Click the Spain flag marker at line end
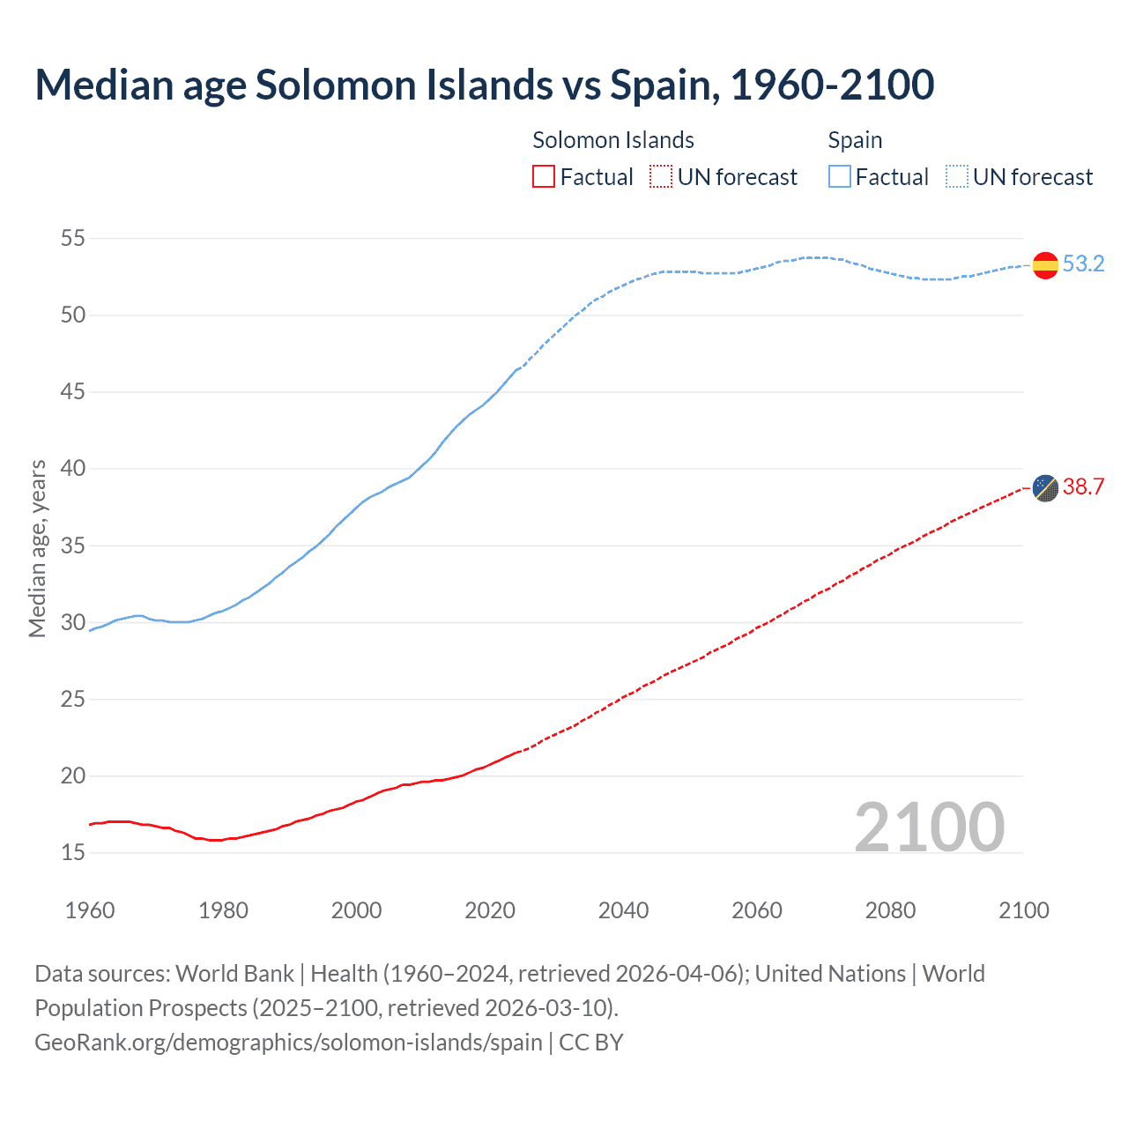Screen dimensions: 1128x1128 pyautogui.click(x=1045, y=265)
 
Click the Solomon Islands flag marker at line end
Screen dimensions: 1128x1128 pyautogui.click(x=1045, y=487)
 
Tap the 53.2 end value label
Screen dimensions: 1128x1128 pyautogui.click(x=1083, y=264)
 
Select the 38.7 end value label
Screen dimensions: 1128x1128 pyautogui.click(x=1083, y=486)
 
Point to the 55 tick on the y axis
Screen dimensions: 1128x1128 pyautogui.click(x=73, y=238)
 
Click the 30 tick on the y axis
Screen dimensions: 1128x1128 pyautogui.click(x=73, y=622)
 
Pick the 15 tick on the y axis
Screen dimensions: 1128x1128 pyautogui.click(x=73, y=852)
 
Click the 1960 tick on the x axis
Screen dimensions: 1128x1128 pyautogui.click(x=90, y=910)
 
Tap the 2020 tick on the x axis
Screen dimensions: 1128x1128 pyautogui.click(x=490, y=910)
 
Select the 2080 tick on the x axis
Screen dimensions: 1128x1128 pyautogui.click(x=890, y=910)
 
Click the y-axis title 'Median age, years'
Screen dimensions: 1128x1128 pyautogui.click(x=37, y=548)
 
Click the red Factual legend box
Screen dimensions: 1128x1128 pyautogui.click(x=544, y=177)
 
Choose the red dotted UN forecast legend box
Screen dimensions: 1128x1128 pyautogui.click(x=661, y=177)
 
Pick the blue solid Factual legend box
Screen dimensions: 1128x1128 pyautogui.click(x=840, y=177)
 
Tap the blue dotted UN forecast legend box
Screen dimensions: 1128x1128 pyautogui.click(x=957, y=177)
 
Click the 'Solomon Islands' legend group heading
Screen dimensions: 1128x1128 pyautogui.click(x=613, y=140)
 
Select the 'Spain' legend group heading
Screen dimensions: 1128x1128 pyautogui.click(x=855, y=140)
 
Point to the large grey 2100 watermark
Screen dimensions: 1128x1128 pyautogui.click(x=929, y=827)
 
